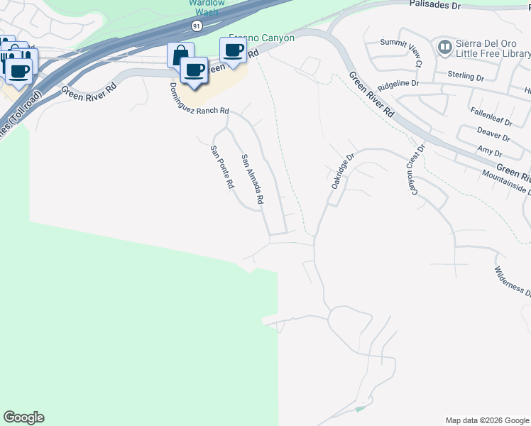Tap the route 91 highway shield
[196, 26]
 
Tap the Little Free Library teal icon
[445, 48]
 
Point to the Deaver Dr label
[494, 135]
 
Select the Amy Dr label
[490, 152]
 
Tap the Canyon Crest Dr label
[415, 169]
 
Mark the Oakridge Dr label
[341, 170]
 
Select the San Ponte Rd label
[221, 167]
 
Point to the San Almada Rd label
[252, 180]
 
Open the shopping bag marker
[180, 55]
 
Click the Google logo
[23, 417]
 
